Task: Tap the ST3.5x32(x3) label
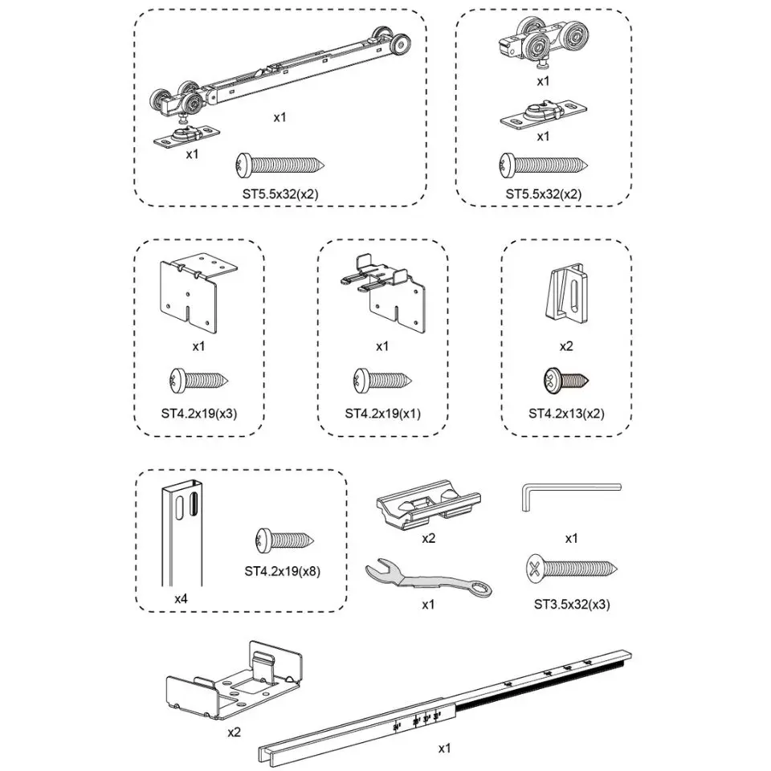(x=571, y=603)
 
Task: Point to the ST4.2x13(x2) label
(x=566, y=414)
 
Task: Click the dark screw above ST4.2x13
(x=567, y=380)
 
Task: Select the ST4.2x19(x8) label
(x=283, y=573)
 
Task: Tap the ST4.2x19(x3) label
(x=199, y=414)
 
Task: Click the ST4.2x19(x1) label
(x=382, y=414)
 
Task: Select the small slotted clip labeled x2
(x=567, y=292)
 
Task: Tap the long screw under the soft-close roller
(x=279, y=165)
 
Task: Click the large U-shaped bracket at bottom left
(x=235, y=683)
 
